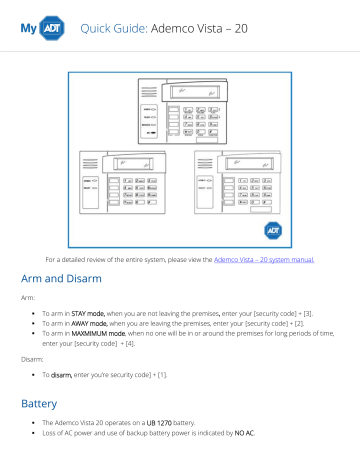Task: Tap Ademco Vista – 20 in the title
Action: [199, 29]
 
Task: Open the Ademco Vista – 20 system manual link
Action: [264, 259]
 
